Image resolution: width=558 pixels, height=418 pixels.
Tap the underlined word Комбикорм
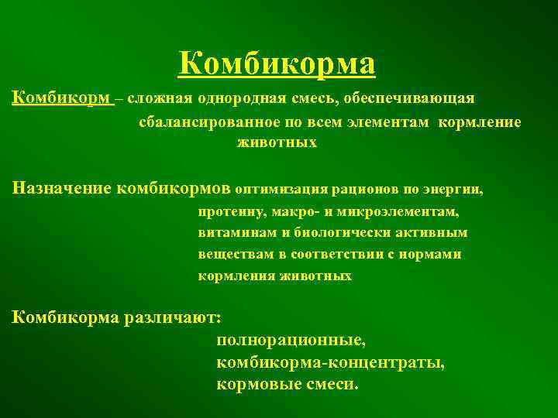tap(62, 99)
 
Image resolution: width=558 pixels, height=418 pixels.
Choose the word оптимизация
tap(280, 187)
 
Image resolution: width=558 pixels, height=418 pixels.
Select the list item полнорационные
tap(291, 340)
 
